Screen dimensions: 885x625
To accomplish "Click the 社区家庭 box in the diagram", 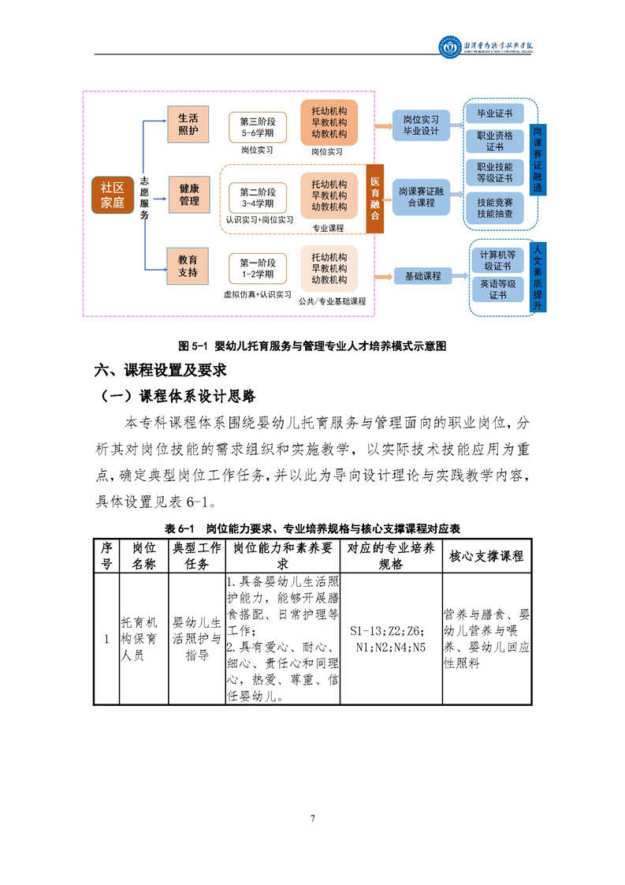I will click(113, 195).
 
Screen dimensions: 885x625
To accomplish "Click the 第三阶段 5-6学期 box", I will click(256, 126).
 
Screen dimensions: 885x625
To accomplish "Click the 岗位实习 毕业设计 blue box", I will click(421, 125).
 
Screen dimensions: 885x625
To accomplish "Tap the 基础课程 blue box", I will click(422, 276).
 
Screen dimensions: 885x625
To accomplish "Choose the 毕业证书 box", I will click(495, 114).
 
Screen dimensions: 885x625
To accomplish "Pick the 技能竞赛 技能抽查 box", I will click(495, 207).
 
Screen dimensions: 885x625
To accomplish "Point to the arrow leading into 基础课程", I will click(382, 276).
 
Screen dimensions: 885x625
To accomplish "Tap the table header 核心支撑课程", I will click(485, 556).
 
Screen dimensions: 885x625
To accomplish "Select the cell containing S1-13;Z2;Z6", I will click(390, 638).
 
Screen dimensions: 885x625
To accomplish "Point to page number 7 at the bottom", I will click(313, 818).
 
